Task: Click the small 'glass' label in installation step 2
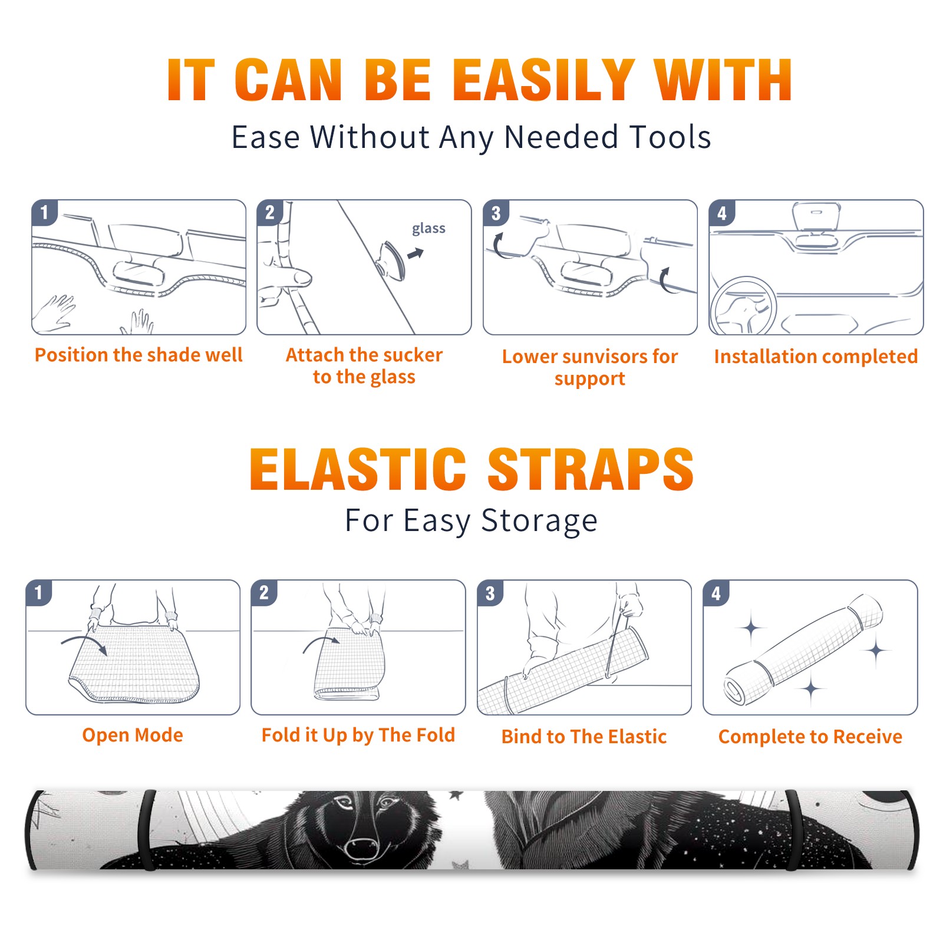[x=428, y=229]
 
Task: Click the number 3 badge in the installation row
[x=496, y=213]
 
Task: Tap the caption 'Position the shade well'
[x=139, y=355]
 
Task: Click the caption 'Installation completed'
[x=816, y=356]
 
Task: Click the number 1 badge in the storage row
[x=38, y=593]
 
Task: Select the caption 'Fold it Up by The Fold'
[x=358, y=735]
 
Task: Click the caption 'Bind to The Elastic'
[x=584, y=737]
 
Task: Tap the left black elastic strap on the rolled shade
[x=148, y=830]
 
